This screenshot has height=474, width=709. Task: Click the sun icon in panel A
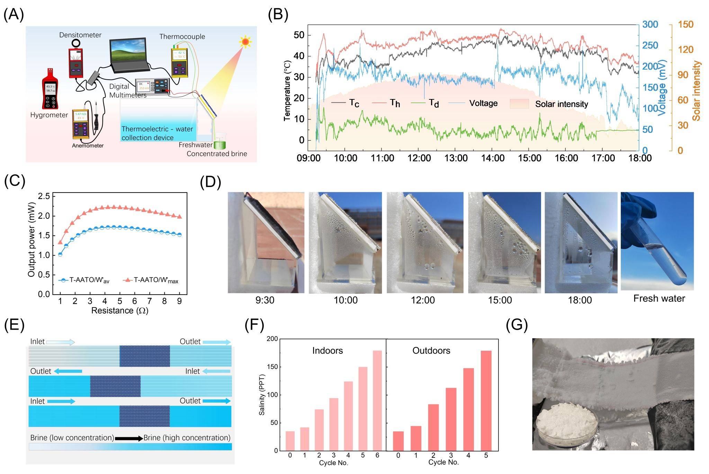point(245,42)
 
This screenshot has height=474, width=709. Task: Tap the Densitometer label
point(80,35)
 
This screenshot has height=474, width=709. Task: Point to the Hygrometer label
point(49,115)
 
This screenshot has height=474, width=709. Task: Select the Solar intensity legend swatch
point(519,104)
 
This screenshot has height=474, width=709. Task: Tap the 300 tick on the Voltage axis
point(650,25)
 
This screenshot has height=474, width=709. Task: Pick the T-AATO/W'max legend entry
point(151,280)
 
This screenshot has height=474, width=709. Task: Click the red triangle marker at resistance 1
point(60,242)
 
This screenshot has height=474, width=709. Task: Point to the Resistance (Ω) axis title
point(119,311)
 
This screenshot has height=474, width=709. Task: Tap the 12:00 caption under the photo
point(423,300)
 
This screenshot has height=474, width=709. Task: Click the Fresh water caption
point(659,298)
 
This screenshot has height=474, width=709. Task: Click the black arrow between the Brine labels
point(128,438)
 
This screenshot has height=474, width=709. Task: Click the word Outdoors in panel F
point(431,351)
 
